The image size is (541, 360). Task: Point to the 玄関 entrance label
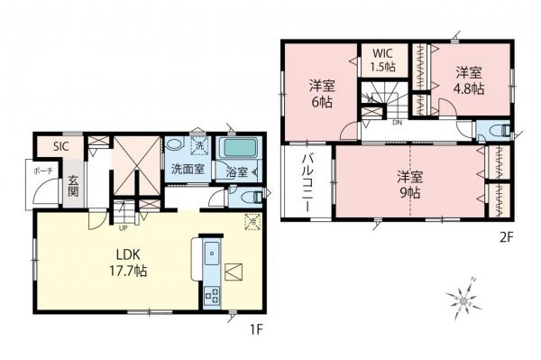pyautogui.click(x=73, y=185)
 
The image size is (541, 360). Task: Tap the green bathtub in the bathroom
pyautogui.click(x=238, y=147)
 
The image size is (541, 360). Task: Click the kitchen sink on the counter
pyautogui.click(x=213, y=254)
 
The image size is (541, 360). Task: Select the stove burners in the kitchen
pyautogui.click(x=214, y=293)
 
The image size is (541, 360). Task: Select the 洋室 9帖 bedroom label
pyautogui.click(x=410, y=183)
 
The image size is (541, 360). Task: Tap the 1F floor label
pyautogui.click(x=256, y=329)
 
